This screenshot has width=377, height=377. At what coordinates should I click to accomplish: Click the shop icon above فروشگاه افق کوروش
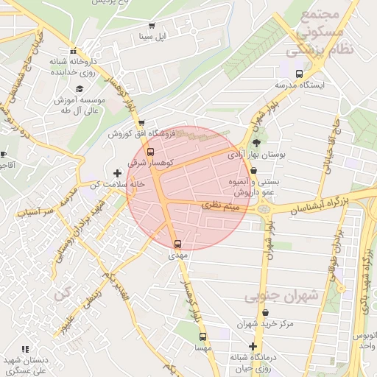[141, 123]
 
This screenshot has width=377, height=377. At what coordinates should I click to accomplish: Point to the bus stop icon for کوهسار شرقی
[150, 152]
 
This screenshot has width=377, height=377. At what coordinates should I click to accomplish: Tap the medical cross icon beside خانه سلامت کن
[116, 172]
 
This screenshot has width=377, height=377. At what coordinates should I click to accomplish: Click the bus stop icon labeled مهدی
[177, 244]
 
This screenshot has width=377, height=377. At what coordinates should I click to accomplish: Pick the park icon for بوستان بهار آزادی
[256, 143]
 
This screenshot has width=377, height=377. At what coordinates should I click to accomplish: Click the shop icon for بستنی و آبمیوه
[254, 170]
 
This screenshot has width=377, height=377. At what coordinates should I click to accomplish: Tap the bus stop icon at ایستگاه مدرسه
[298, 74]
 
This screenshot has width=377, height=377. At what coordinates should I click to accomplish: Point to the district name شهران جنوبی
[284, 295]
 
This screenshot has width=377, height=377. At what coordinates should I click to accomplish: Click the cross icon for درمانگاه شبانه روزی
[253, 346]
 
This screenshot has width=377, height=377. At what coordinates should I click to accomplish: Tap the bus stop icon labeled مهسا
[201, 336]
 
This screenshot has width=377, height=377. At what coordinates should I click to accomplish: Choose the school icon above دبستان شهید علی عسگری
[25, 349]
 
